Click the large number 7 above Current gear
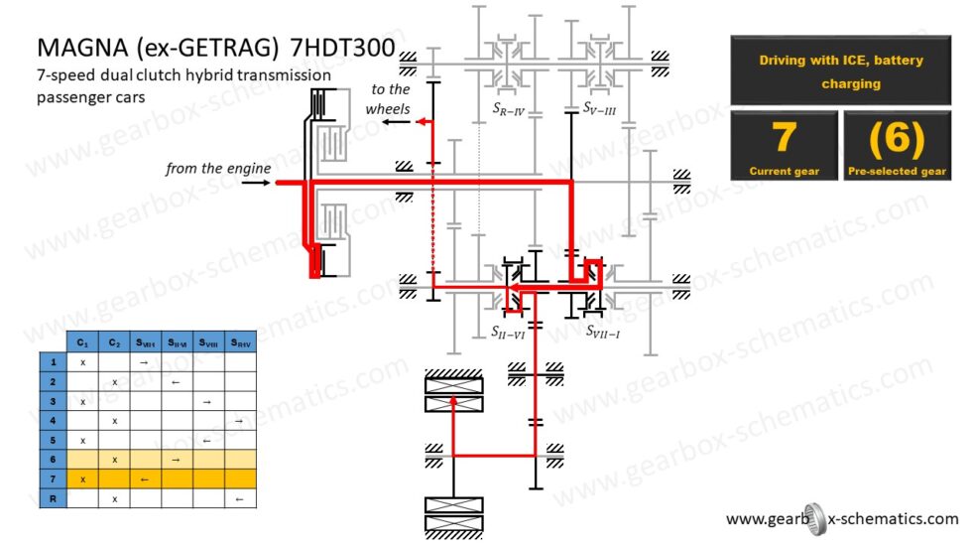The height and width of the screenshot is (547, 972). coord(784,138)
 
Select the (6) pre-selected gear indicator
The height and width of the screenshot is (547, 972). coord(896,139)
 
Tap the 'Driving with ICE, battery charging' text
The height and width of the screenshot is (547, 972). coord(841,71)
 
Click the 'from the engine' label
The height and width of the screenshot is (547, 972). coord(218,169)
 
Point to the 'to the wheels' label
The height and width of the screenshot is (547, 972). coord(388,98)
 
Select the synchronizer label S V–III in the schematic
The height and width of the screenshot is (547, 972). coord(599,108)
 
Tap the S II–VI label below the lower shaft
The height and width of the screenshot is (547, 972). coord(507,332)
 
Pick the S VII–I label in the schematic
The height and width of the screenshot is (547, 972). coord(601,332)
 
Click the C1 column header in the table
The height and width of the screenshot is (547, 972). coord(82,342)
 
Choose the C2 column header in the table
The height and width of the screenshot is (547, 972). coord(114,342)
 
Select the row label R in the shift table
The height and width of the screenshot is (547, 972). coord(52,498)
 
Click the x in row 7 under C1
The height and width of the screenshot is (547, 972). coord(82,479)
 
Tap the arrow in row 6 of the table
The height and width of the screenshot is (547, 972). coord(177,460)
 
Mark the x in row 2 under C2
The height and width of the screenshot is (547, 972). coord(114,381)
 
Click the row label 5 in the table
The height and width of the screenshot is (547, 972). coord(52,440)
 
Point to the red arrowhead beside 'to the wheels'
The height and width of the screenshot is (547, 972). coord(422,121)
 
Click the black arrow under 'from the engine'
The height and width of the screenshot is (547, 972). coord(257,184)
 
